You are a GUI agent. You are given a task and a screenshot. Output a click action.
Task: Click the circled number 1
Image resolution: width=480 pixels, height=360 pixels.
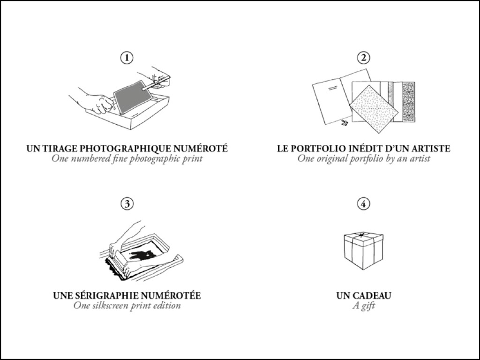click(127, 58)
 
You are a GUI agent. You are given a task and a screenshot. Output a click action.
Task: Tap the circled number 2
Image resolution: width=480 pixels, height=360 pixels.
click(364, 58)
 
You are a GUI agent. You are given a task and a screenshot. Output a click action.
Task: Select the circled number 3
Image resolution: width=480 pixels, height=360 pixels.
click(127, 203)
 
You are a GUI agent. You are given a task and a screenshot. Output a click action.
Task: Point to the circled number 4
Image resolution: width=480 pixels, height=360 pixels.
click(364, 203)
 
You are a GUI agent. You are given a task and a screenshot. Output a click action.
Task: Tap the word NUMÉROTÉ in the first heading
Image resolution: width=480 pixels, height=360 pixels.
click(201, 148)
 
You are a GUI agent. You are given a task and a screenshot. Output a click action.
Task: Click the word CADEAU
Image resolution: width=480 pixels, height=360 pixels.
click(372, 296)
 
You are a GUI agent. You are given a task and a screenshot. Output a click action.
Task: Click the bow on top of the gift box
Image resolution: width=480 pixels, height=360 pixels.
click(362, 235)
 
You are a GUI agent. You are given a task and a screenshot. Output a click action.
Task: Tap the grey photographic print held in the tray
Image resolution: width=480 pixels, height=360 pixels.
click(132, 97)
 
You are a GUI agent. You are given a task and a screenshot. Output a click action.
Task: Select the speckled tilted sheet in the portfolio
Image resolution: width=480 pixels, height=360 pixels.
click(374, 109)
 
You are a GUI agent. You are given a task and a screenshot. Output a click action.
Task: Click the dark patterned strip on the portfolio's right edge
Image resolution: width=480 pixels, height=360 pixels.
click(409, 102)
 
